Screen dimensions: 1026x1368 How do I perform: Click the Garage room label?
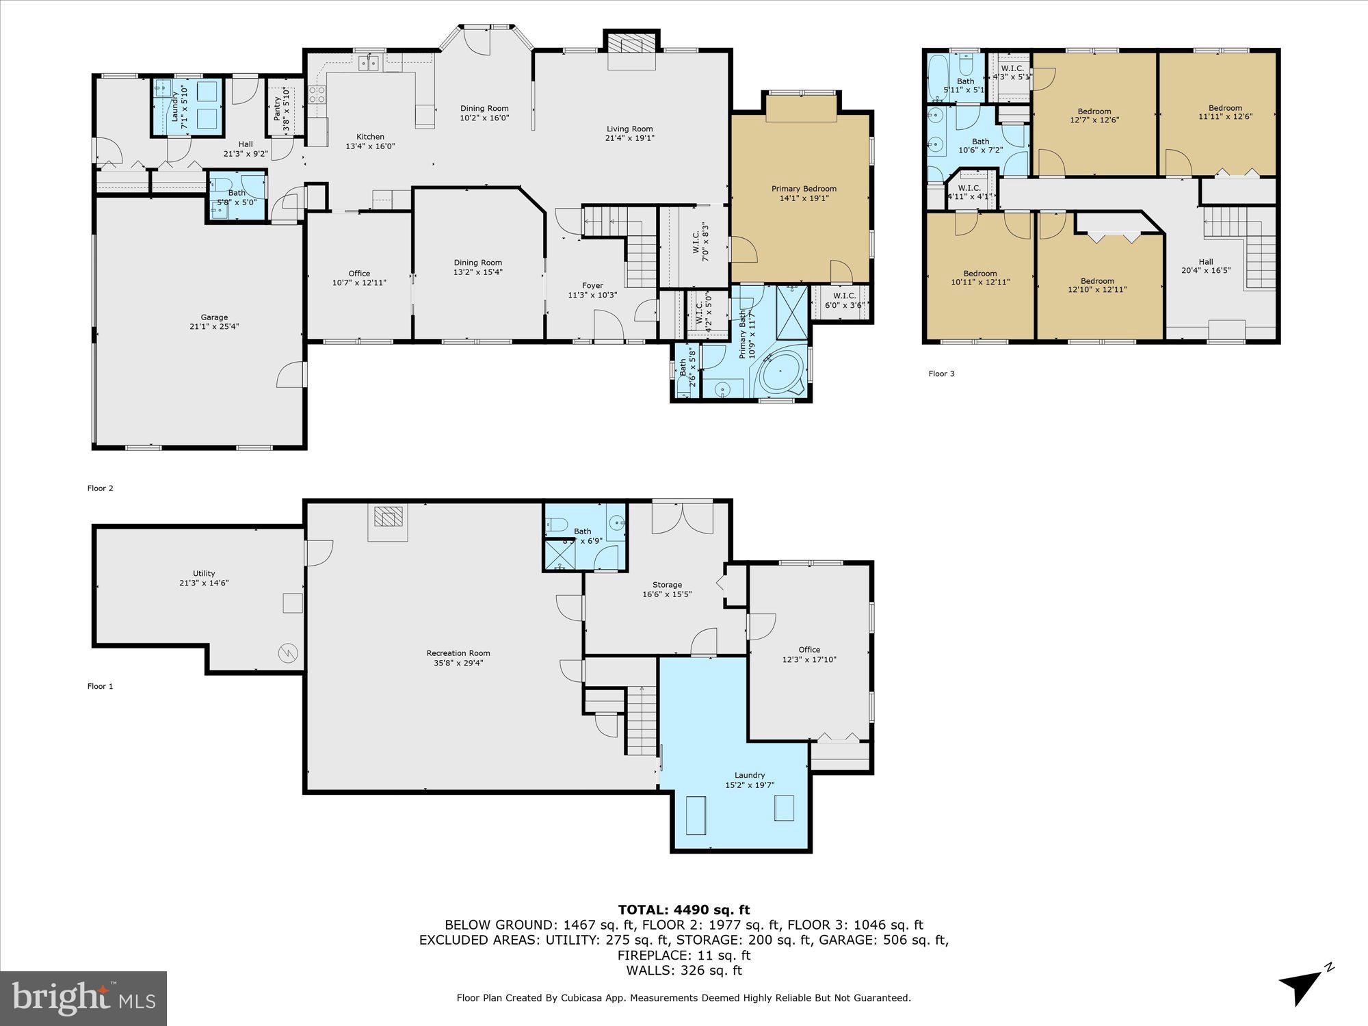[214, 317]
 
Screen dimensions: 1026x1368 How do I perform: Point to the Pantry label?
[278, 109]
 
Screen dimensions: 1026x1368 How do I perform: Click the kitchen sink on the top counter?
[370, 63]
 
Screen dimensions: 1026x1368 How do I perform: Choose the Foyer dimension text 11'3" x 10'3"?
[592, 295]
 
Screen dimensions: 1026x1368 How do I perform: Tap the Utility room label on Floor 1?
[204, 573]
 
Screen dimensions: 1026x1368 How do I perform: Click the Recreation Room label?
[458, 653]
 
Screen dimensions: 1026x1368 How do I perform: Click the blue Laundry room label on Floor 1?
[750, 775]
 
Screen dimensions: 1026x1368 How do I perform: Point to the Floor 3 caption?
[941, 373]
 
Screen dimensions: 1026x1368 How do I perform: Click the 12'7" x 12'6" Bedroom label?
[1094, 111]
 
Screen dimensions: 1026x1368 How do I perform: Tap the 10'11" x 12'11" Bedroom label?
[980, 274]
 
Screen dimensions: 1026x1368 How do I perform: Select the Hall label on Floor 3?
[1206, 261]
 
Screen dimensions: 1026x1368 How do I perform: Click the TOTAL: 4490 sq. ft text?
[684, 910]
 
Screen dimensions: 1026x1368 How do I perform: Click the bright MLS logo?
[83, 998]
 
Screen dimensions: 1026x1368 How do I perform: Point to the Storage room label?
[667, 585]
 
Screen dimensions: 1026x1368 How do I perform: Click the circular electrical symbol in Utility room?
[288, 653]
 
